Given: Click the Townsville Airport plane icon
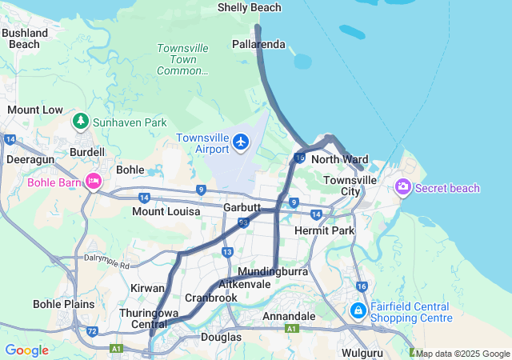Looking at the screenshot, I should click(242, 142).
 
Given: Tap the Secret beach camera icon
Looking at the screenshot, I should click(402, 187).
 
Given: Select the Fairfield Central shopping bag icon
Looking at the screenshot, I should click(358, 310).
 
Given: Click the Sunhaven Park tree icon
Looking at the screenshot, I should click(80, 122).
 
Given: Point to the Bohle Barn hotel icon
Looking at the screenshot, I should click(94, 182).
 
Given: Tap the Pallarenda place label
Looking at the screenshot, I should click(258, 44).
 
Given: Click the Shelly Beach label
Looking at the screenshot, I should click(250, 8).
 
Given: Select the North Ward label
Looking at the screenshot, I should click(339, 159).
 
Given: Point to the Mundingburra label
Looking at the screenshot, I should click(273, 272).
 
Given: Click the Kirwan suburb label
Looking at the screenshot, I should click(147, 287).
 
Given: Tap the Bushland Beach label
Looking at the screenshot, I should click(24, 38).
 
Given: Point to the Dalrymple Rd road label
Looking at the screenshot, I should click(106, 262).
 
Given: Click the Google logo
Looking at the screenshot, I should click(26, 350).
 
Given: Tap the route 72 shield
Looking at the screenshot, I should click(93, 330).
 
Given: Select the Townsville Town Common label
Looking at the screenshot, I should click(182, 59).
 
